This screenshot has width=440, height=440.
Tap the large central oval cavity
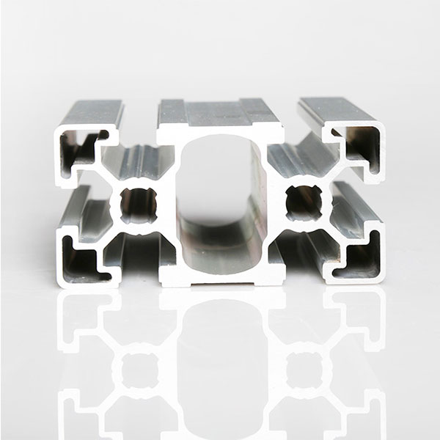coord(219,198)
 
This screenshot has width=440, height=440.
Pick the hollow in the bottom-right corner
coord(359,254)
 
